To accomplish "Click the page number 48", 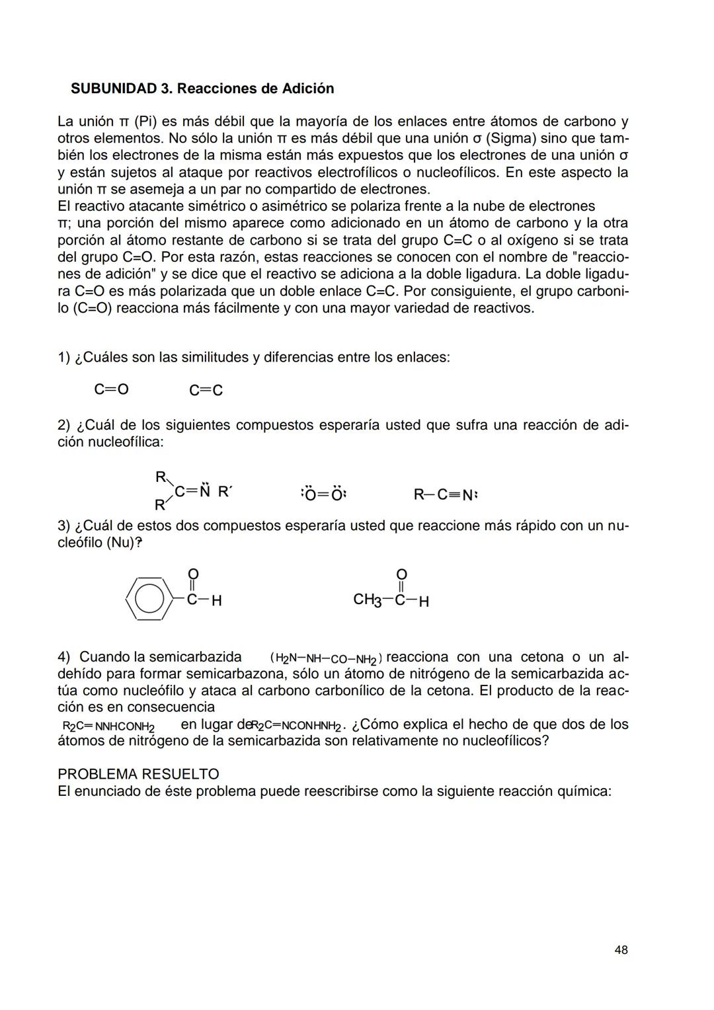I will click(x=621, y=950).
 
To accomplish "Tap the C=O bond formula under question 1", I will click(x=111, y=389).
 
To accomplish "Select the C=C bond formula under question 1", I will click(x=206, y=391).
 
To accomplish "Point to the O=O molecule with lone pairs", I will click(x=323, y=494).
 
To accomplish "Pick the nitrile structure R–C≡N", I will click(x=445, y=494).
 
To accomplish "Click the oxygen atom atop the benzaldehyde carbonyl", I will click(x=192, y=573).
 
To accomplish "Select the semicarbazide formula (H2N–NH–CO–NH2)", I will click(x=325, y=659).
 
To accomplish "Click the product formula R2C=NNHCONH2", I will click(x=108, y=726).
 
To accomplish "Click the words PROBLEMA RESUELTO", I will click(x=138, y=774).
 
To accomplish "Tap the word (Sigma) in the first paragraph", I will click(x=504, y=139).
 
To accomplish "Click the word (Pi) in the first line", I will click(x=145, y=122).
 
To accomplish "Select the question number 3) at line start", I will click(x=63, y=526).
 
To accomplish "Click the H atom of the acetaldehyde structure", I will click(x=424, y=602).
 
